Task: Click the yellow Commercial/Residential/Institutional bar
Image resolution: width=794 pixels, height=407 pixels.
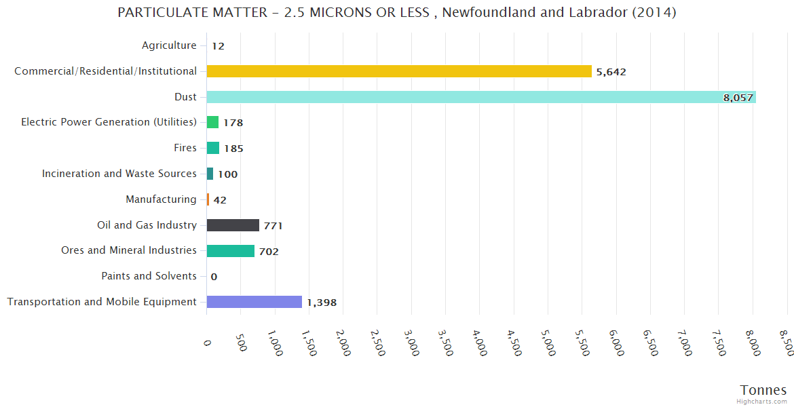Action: click(x=399, y=71)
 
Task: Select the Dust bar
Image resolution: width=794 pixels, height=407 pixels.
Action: click(x=480, y=97)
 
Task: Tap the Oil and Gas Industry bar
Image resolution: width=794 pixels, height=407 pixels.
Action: click(x=233, y=225)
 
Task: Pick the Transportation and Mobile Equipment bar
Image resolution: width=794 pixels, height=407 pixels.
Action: click(x=254, y=302)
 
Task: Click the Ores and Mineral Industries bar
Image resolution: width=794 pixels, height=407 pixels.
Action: click(x=230, y=251)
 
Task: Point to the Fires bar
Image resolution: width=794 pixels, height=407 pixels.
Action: click(x=212, y=148)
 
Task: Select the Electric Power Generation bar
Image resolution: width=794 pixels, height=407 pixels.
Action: click(x=212, y=122)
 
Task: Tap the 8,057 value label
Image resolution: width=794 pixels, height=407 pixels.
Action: click(x=738, y=98)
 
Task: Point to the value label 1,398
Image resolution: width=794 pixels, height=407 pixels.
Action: click(x=322, y=303)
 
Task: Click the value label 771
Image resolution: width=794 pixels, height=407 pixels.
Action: click(x=273, y=226)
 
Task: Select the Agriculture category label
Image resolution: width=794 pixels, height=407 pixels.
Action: click(x=169, y=45)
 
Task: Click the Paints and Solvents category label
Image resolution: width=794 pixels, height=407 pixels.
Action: click(x=149, y=276)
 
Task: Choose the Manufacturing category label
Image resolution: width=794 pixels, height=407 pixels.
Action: click(x=161, y=199)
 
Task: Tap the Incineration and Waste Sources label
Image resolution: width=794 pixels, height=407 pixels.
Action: click(x=119, y=174)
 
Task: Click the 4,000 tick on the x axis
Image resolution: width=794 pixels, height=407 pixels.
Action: click(x=480, y=343)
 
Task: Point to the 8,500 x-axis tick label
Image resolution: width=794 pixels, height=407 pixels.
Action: click(x=787, y=343)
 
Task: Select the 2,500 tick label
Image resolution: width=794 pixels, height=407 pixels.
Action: click(x=377, y=343)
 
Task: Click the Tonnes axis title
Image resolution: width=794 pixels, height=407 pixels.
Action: click(x=763, y=390)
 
